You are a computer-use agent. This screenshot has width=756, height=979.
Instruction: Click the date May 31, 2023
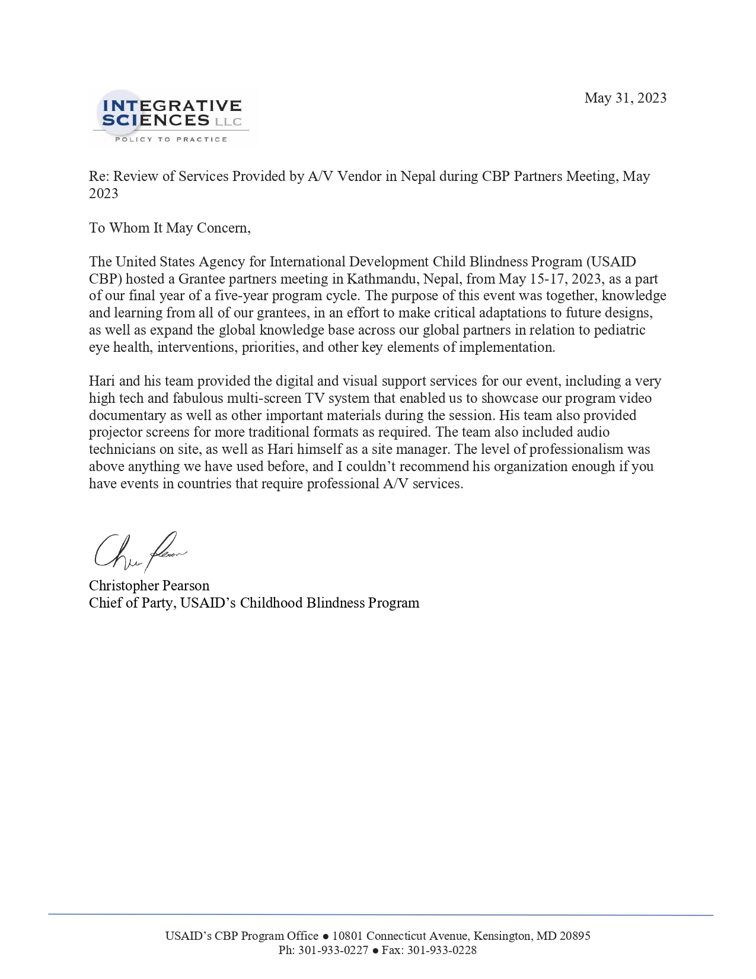(x=625, y=98)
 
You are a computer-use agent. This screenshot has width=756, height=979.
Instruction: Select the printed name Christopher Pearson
(x=149, y=586)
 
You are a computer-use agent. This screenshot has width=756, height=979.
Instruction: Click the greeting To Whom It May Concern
(x=170, y=228)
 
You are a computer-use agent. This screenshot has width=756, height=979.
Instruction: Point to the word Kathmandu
(x=381, y=279)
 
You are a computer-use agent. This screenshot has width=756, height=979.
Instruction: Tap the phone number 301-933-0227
(x=333, y=950)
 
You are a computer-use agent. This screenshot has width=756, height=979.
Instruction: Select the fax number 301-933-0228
(x=442, y=950)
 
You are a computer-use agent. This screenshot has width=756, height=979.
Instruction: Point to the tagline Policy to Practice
(x=171, y=139)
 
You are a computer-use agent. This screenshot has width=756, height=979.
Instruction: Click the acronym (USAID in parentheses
(x=611, y=262)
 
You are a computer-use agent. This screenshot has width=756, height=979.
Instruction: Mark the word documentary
(x=127, y=415)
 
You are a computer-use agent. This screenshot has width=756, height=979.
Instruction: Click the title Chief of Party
(x=131, y=603)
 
